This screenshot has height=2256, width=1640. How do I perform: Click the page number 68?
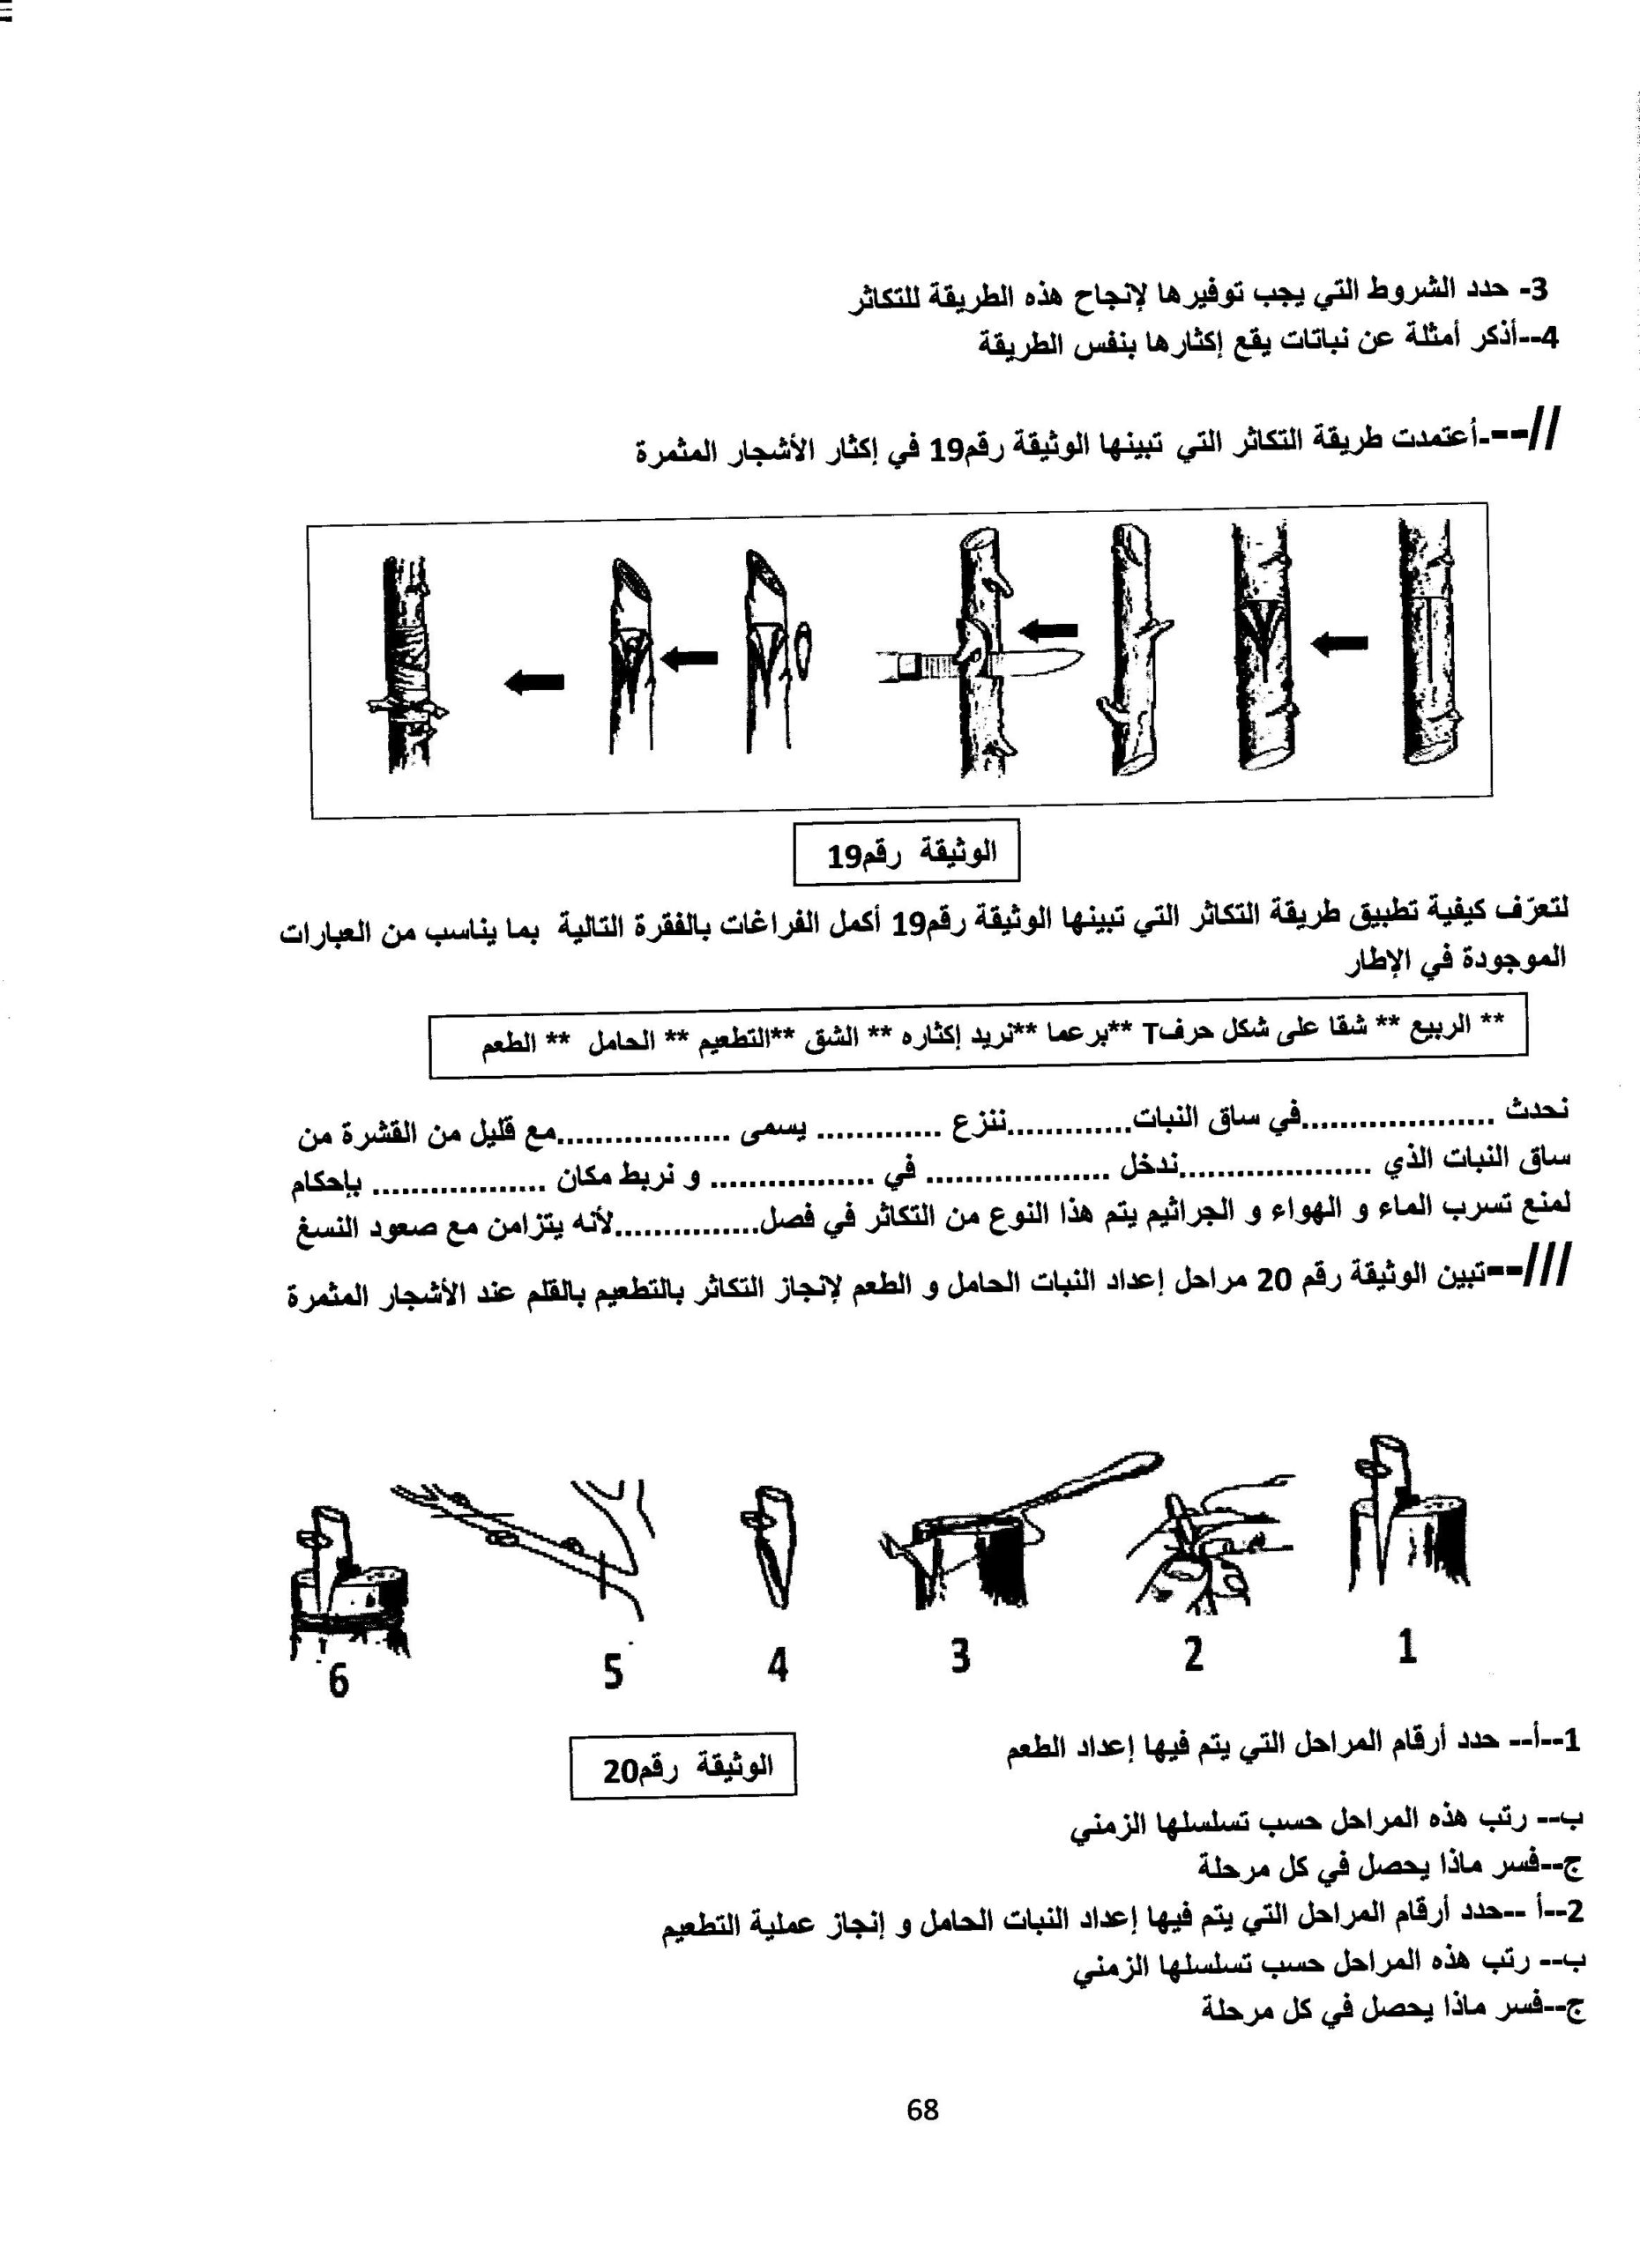pyautogui.click(x=922, y=2109)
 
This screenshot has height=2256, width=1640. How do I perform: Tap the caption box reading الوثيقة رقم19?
pyautogui.click(x=906, y=852)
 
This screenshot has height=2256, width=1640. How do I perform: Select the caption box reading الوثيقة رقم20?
pyautogui.click(x=682, y=1767)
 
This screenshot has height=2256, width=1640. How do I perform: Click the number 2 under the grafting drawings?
pyautogui.click(x=1193, y=1653)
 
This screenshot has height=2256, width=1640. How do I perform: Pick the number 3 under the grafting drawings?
pyautogui.click(x=959, y=1656)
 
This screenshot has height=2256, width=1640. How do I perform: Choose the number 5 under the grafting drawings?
pyautogui.click(x=613, y=1670)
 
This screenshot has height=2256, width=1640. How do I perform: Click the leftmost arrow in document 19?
pyautogui.click(x=535, y=681)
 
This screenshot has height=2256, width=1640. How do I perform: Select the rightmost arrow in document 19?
pyautogui.click(x=1338, y=644)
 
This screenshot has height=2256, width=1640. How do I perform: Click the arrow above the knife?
pyautogui.click(x=1049, y=628)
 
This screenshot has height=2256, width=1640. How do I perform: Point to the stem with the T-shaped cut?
pyautogui.click(x=1429, y=651)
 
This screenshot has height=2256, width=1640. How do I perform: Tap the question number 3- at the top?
pyautogui.click(x=1535, y=289)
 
